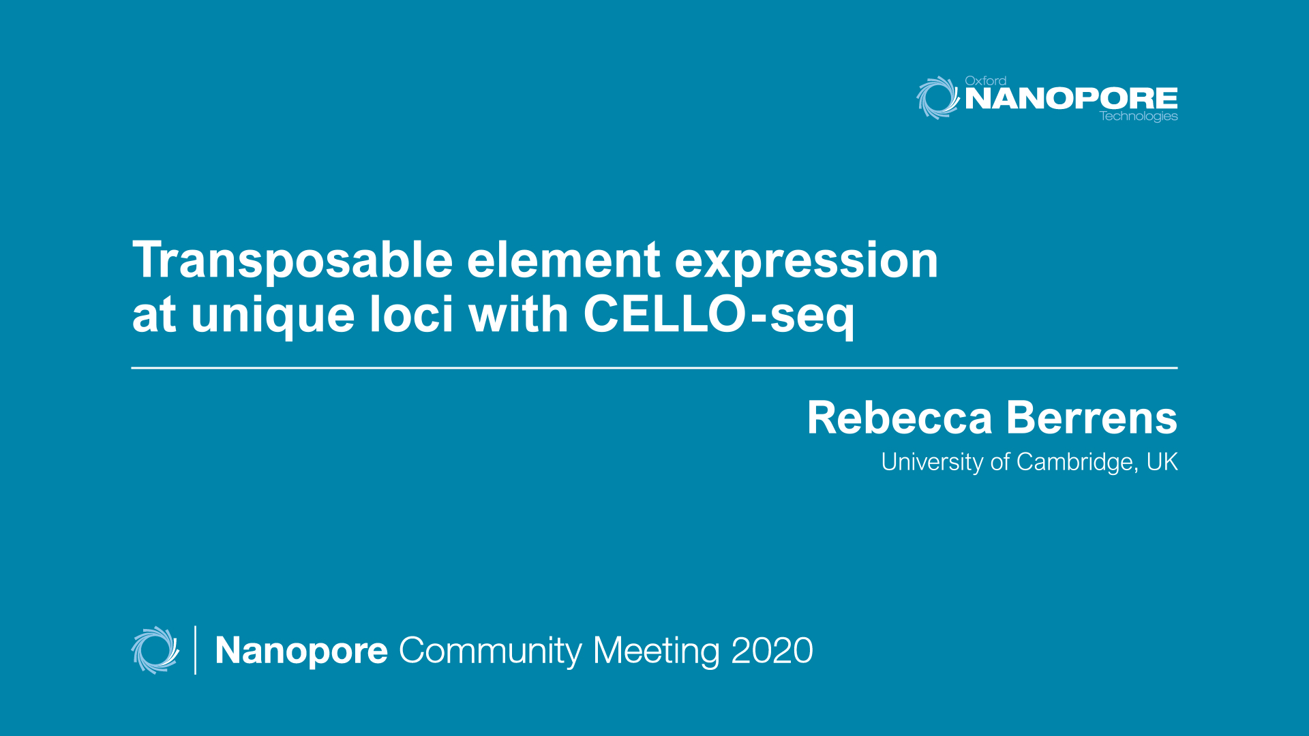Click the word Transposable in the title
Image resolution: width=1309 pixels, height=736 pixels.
tap(292, 261)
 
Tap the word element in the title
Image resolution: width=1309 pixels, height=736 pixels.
tap(563, 261)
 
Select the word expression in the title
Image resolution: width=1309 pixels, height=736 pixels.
tap(806, 261)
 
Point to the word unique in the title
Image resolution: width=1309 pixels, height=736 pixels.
tap(273, 316)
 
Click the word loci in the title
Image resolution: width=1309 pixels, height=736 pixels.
tap(411, 316)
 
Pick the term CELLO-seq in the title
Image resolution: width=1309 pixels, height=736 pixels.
tap(719, 316)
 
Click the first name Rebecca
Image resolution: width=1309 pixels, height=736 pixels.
tap(899, 418)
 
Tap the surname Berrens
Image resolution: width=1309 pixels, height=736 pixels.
tap(1092, 418)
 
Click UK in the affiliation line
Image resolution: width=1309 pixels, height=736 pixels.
tap(1162, 462)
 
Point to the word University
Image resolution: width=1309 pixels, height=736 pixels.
tap(932, 462)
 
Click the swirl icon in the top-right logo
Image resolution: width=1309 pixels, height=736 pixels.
tap(937, 97)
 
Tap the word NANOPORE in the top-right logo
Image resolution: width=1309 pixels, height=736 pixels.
tap(1071, 99)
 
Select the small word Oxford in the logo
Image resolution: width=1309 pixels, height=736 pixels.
tap(985, 80)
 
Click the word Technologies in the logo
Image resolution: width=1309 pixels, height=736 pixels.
tap(1139, 117)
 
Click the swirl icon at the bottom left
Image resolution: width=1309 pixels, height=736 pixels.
tap(155, 650)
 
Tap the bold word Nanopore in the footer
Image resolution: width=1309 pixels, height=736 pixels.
tap(301, 651)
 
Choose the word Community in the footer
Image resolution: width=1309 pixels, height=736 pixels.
tap(490, 651)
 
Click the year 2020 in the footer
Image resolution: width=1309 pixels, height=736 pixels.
tap(772, 651)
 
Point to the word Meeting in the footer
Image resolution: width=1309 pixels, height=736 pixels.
tap(656, 651)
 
